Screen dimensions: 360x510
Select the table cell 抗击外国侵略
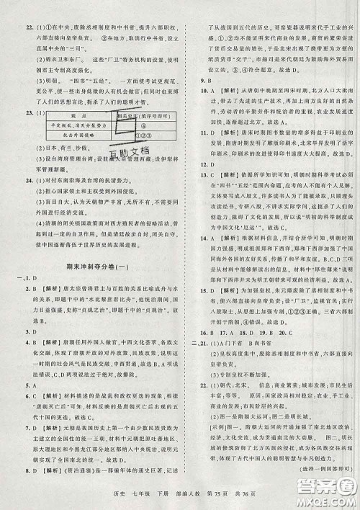click(60, 134)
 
